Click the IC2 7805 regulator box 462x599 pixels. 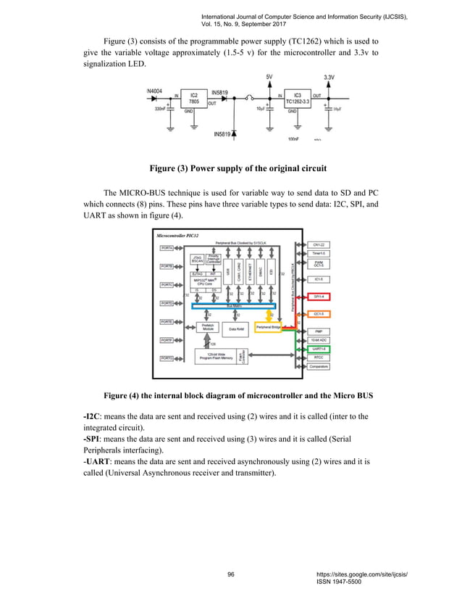tap(193, 99)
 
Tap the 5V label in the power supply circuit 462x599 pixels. tap(270, 77)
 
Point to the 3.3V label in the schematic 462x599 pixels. tap(328, 77)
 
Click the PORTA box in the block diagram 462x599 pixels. tap(167, 248)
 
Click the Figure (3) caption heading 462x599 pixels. tap(238, 168)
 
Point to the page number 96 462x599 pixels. tap(231, 574)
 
